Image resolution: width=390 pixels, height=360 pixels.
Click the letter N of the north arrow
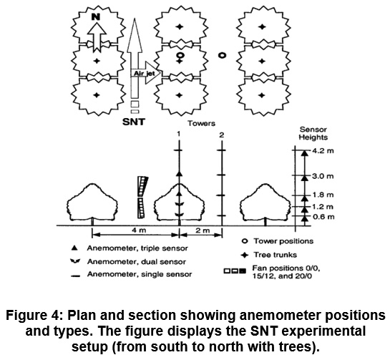95,17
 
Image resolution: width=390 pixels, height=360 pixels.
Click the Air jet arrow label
145,74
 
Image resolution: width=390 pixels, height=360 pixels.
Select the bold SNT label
134,122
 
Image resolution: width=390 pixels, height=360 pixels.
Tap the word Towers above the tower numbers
202,123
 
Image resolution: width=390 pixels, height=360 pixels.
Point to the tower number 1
179,134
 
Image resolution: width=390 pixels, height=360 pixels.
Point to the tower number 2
222,135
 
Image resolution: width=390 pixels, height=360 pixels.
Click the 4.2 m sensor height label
323,151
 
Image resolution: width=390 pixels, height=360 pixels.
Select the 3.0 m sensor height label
323,176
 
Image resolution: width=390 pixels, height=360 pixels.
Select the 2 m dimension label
203,230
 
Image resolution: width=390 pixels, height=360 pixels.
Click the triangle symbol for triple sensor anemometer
74,248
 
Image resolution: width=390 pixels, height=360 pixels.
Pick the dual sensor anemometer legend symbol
75,261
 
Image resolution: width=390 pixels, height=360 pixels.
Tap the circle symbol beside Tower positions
245,240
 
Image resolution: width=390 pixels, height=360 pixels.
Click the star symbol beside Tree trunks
245,255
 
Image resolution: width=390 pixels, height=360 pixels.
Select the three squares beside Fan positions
235,271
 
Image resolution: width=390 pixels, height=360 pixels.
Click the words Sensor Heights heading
313,133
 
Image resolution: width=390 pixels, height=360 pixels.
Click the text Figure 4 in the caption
31,315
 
